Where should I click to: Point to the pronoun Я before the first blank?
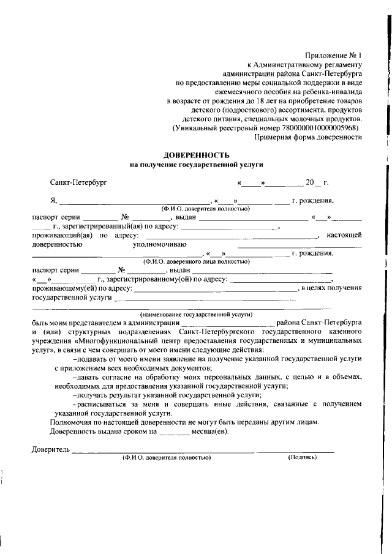53,200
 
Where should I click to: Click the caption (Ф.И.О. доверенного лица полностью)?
196,261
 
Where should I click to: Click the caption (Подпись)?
302,457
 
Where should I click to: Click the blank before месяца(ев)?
173,433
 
